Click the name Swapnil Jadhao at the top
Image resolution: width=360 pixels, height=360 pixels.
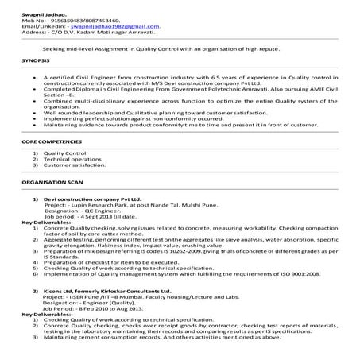tap(27, 6)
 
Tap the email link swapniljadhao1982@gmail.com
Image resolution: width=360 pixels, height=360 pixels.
tap(116, 25)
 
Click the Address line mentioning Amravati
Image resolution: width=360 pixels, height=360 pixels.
tap(72, 32)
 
